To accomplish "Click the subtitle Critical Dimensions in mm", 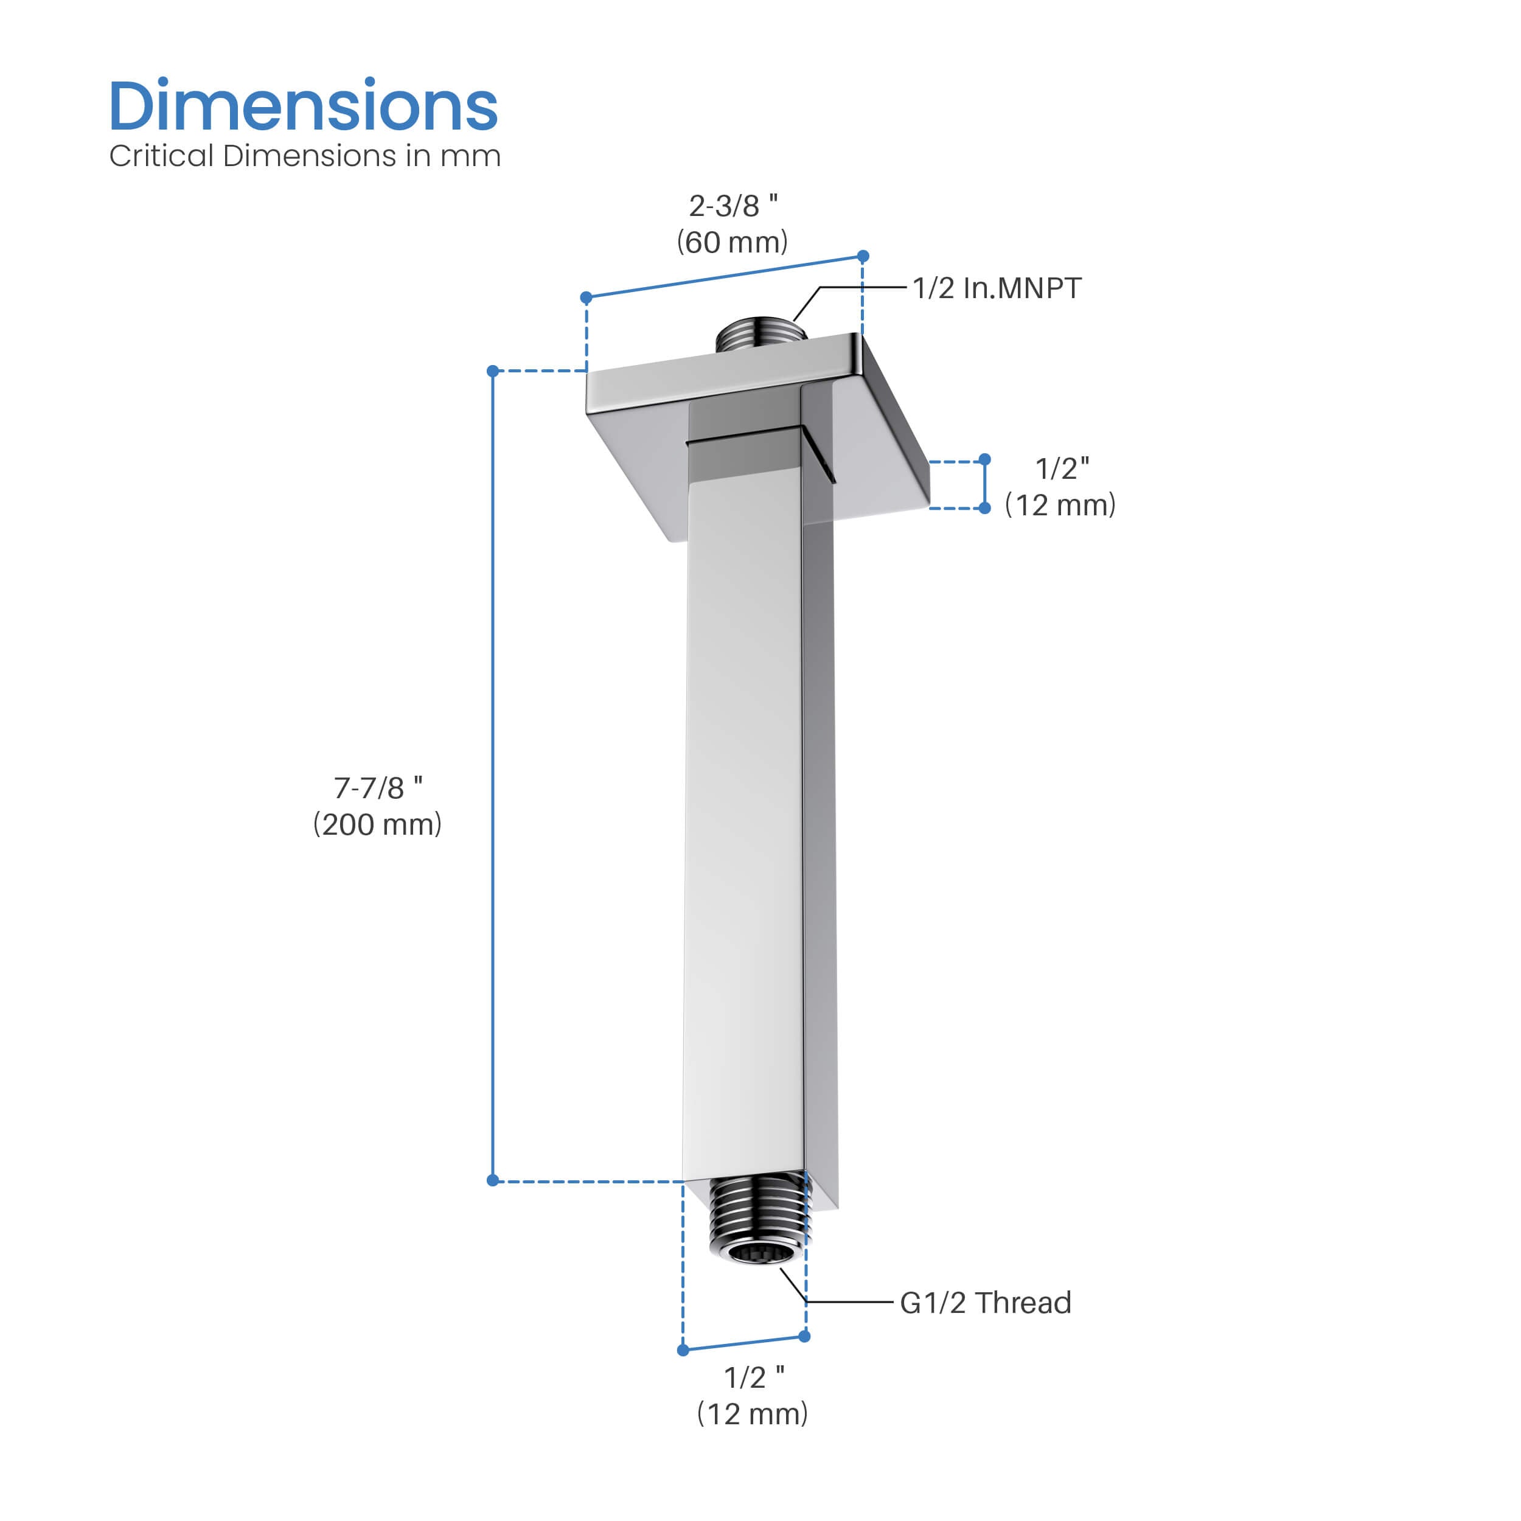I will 305,156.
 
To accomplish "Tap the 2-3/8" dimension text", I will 733,206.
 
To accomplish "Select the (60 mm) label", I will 732,243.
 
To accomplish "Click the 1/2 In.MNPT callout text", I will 997,288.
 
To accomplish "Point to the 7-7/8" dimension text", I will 378,788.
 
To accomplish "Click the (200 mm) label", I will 377,825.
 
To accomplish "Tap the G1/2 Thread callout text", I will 985,1303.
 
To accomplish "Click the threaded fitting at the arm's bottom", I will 759,1220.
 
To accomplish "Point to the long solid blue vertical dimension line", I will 493,787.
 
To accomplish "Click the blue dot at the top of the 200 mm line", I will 493,371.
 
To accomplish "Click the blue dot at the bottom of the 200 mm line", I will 493,1180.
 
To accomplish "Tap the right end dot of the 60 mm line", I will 863,256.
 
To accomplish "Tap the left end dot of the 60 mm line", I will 586,298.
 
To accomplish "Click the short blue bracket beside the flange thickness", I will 984,484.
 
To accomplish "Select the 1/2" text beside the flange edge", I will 1062,468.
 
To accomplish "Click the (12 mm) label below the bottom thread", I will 753,1414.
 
